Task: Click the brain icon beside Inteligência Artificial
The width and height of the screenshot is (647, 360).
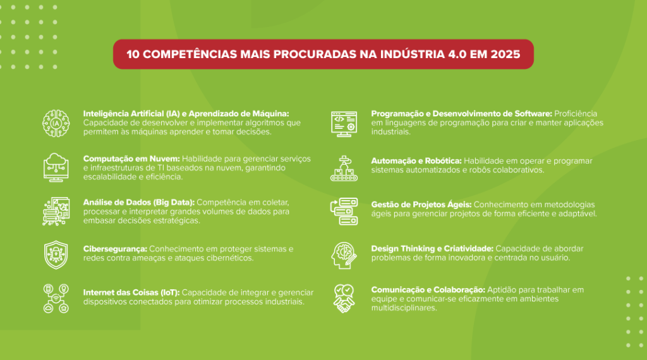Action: point(56,123)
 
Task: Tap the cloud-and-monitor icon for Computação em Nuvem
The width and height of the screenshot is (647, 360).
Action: point(56,167)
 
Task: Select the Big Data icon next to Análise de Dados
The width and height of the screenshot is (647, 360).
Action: point(56,211)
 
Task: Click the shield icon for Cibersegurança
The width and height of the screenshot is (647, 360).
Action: point(56,255)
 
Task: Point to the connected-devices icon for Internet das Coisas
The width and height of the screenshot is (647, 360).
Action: point(56,299)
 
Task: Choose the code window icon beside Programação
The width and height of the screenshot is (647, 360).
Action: point(344,124)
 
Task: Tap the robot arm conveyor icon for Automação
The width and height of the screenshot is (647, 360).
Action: point(344,168)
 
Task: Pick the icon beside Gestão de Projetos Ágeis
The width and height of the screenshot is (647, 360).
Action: point(344,212)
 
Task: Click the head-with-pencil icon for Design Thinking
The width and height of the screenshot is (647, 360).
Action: point(344,256)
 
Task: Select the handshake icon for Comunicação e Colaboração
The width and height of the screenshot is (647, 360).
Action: point(344,299)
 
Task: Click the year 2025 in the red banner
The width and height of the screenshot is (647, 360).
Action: point(505,54)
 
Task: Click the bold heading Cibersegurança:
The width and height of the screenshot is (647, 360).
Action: point(115,249)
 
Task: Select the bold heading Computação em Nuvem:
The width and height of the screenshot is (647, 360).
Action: point(131,159)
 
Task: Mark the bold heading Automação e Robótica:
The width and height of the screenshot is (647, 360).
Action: point(416,161)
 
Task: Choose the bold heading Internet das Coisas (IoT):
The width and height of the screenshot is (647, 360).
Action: point(131,292)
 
